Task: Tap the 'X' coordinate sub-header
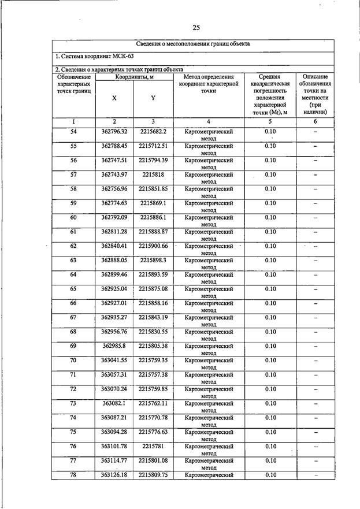point(114,98)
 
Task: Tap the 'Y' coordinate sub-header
point(153,98)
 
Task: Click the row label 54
point(73,132)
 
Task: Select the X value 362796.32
point(114,132)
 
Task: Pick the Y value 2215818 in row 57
point(153,174)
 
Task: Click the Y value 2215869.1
point(153,203)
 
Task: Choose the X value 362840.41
point(114,246)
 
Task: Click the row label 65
point(73,289)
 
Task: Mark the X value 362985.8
point(114,346)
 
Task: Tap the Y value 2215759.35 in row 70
point(153,361)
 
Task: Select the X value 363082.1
point(114,403)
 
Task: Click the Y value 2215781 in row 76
point(153,446)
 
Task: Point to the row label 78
point(73,475)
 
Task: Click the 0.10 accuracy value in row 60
point(270,217)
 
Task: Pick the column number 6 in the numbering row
point(316,121)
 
